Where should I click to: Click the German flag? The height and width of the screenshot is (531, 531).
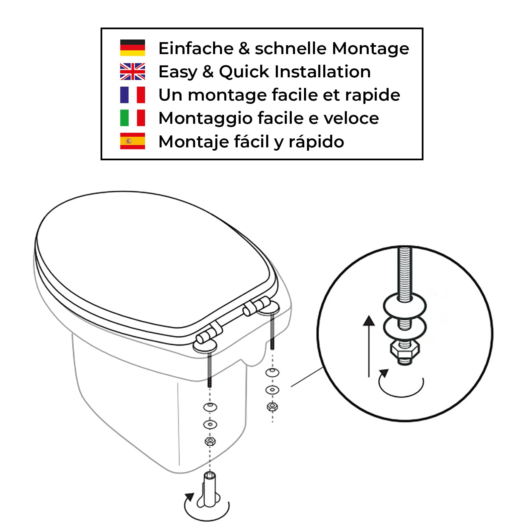pyautogui.click(x=132, y=48)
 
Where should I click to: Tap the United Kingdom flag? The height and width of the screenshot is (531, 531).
pyautogui.click(x=132, y=71)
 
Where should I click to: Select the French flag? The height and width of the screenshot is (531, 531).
pyautogui.click(x=132, y=95)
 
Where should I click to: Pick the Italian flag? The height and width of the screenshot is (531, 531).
pyautogui.click(x=132, y=118)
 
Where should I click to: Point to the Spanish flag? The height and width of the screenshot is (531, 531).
pyautogui.click(x=132, y=141)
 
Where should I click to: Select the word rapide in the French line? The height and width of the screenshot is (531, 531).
pyautogui.click(x=372, y=96)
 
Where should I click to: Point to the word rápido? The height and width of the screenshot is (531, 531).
pyautogui.click(x=316, y=142)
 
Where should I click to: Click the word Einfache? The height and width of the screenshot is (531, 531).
pyautogui.click(x=196, y=48)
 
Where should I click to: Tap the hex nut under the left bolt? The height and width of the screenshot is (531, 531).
pyautogui.click(x=210, y=441)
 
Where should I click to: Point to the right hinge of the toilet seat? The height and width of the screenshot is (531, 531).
pyautogui.click(x=256, y=306)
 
